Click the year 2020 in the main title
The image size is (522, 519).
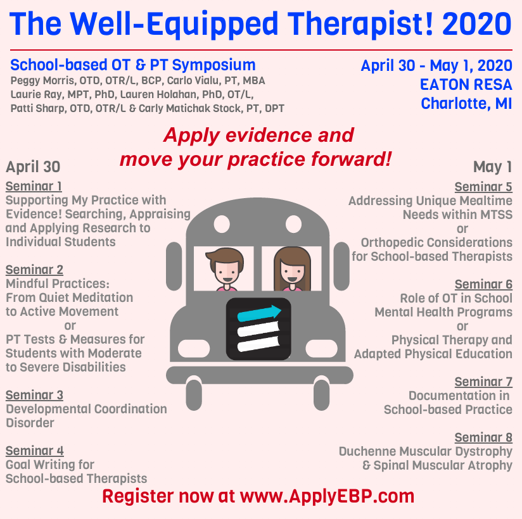coord(477,24)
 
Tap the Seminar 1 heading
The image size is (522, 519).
coord(34,186)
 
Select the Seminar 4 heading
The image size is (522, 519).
coord(35,451)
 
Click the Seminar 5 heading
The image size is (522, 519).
coord(483,187)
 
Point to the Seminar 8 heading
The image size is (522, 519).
coord(483,437)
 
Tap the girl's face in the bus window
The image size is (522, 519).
coord(292,270)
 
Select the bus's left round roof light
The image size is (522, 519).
coord(222,224)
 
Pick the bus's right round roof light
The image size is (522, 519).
coord(294,224)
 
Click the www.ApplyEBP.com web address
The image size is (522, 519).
coord(328,496)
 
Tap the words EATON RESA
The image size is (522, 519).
coord(466,85)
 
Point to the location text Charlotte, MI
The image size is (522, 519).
coord(466,103)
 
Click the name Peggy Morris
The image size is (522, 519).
coord(42,81)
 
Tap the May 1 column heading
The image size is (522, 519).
coord(492,166)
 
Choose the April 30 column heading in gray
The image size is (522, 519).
coord(33,166)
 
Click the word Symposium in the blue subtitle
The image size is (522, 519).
coord(213,65)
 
